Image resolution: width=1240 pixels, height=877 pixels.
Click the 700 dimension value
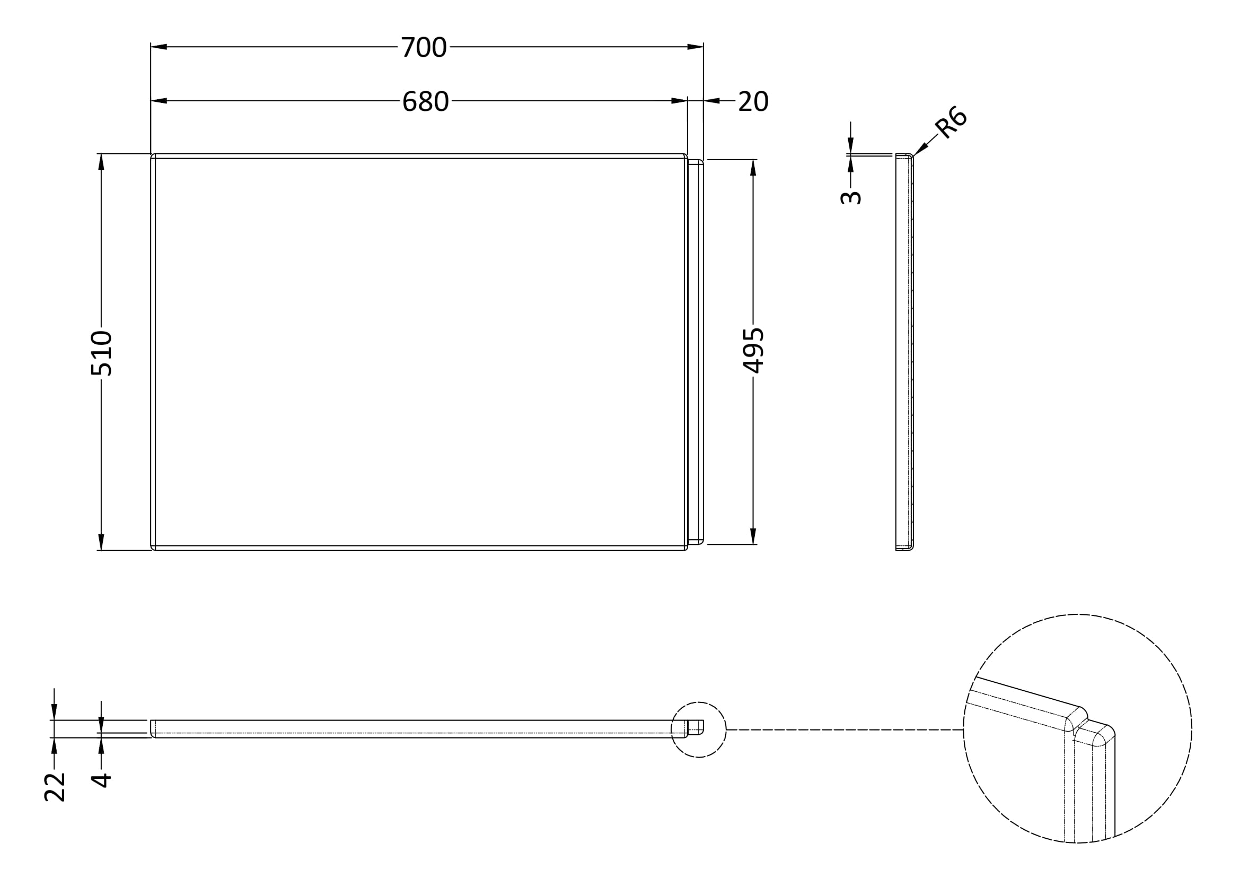click(424, 48)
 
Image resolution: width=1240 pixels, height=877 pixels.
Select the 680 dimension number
click(426, 101)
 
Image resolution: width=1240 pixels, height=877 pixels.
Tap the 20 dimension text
click(753, 101)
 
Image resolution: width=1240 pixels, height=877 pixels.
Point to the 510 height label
click(102, 353)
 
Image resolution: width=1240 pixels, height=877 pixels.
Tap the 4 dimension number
click(101, 780)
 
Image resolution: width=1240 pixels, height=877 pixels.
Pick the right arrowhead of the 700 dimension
click(696, 47)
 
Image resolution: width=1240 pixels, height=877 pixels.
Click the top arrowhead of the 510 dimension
click(101, 162)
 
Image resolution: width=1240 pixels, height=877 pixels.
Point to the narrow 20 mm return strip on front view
click(696, 351)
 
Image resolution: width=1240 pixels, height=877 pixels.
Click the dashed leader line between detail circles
click(842, 730)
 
